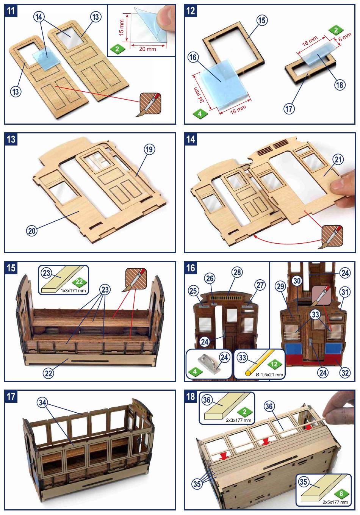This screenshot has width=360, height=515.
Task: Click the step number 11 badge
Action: click(x=11, y=10)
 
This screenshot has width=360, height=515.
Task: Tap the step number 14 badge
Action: click(x=191, y=139)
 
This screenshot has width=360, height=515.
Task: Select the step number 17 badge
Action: click(x=11, y=396)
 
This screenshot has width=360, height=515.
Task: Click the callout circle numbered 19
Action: click(x=149, y=149)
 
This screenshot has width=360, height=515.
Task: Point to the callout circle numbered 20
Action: click(x=32, y=230)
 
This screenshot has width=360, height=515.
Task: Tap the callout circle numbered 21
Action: click(x=338, y=160)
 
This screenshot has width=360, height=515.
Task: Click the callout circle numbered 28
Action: click(x=238, y=272)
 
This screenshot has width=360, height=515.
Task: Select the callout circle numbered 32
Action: click(x=345, y=373)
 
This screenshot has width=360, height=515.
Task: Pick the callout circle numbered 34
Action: click(x=42, y=403)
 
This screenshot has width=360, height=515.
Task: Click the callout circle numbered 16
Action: click(x=193, y=57)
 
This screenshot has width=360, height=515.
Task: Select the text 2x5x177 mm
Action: click(x=335, y=502)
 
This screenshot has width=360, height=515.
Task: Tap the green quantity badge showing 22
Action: click(x=79, y=282)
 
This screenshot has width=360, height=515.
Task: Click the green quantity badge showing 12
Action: click(x=275, y=365)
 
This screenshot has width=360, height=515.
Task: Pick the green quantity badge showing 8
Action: click(x=341, y=494)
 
